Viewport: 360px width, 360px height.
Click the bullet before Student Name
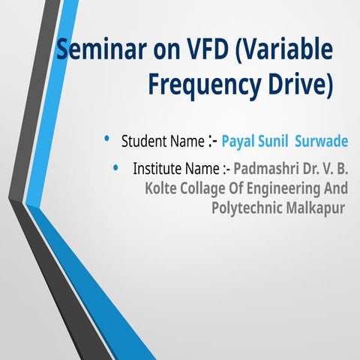(x=107, y=139)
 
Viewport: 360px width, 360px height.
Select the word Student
(x=143, y=141)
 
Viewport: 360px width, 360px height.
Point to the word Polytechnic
(x=246, y=207)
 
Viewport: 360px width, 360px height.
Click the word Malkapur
(x=313, y=207)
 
